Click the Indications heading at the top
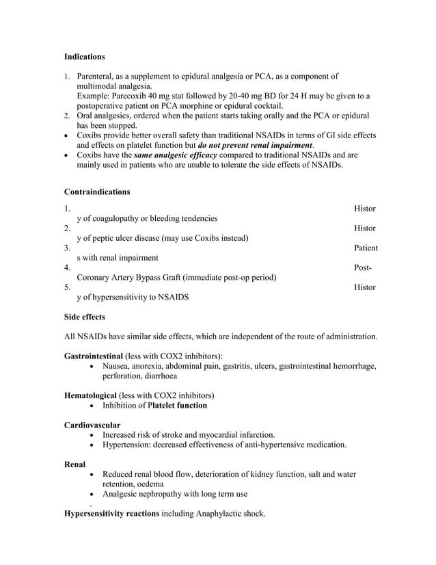84,56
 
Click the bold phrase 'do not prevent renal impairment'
254,145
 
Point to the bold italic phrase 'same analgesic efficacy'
176,155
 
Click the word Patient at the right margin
366,248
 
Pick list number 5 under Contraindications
67,288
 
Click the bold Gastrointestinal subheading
93,356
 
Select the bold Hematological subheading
90,395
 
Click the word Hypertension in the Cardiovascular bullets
128,445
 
